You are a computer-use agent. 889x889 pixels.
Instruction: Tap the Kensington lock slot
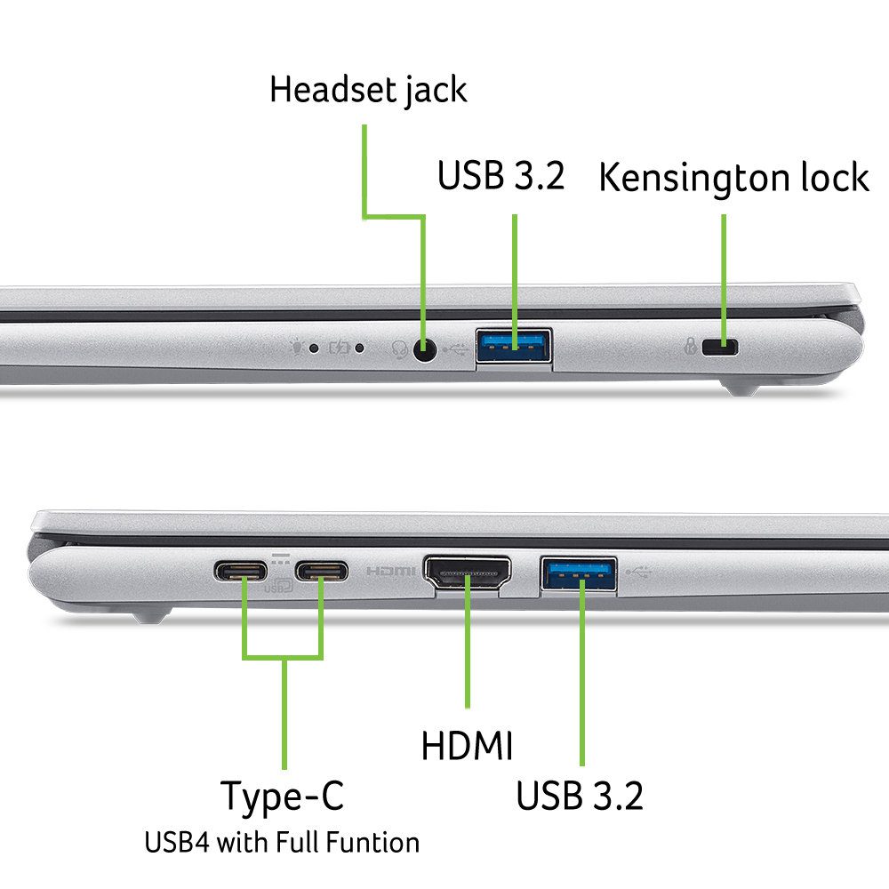point(719,347)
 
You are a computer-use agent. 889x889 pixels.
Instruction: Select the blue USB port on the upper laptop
point(514,346)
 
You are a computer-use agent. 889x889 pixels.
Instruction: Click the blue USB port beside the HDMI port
point(579,573)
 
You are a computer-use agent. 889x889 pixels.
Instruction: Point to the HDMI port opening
point(468,573)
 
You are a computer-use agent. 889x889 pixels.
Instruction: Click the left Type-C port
point(241,571)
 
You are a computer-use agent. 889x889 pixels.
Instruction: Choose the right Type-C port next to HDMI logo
point(322,571)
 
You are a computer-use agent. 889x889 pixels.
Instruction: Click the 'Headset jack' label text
point(368,90)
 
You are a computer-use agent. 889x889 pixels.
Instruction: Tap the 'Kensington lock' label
point(733,178)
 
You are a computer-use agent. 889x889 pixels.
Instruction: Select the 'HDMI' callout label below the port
point(467,745)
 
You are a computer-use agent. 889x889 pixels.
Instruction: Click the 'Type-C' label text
point(282,797)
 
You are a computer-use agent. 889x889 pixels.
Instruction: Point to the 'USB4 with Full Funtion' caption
point(282,842)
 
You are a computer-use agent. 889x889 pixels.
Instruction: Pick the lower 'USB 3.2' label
point(580,795)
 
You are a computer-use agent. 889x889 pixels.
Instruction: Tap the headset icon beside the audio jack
point(400,349)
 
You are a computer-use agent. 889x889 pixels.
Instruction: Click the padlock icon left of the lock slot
point(690,345)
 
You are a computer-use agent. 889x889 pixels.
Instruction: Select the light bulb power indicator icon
point(296,347)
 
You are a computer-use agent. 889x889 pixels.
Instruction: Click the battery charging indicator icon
point(339,347)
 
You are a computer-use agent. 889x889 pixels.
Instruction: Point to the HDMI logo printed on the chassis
point(390,571)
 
